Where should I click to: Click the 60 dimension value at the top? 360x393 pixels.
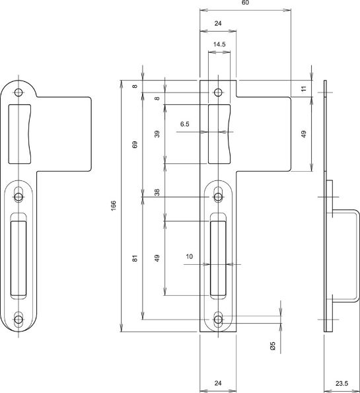[245, 3]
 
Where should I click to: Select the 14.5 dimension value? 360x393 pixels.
[219, 44]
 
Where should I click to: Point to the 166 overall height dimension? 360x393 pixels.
[114, 205]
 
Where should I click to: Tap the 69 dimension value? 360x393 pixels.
[135, 145]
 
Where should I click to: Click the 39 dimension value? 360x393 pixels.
[157, 134]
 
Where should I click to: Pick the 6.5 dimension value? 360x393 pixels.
[185, 124]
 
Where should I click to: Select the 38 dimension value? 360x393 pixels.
[157, 192]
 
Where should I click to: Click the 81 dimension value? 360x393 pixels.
[135, 258]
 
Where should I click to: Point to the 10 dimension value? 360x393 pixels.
[190, 256]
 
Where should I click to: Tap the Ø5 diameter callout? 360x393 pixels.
[273, 345]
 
